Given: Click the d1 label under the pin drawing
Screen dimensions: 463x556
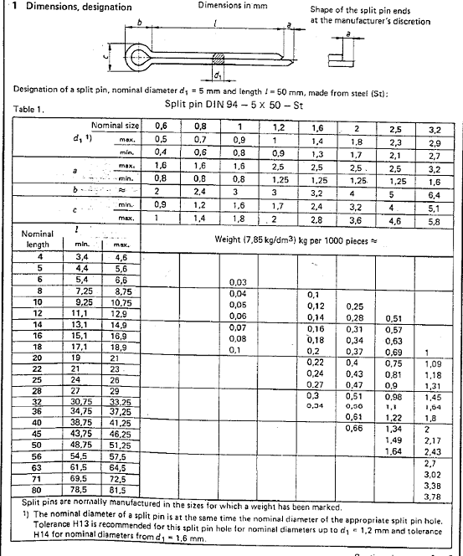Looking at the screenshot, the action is click(218, 75).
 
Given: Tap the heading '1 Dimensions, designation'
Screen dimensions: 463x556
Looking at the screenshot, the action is click(67, 7).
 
